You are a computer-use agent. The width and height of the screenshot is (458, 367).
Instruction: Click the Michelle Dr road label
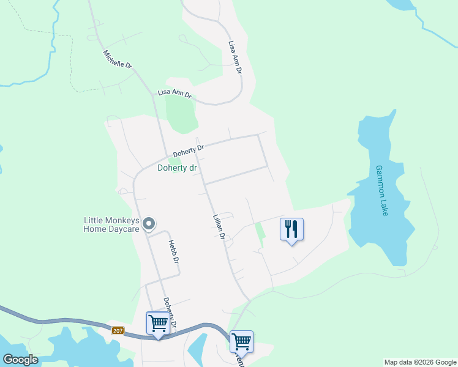click(x=118, y=59)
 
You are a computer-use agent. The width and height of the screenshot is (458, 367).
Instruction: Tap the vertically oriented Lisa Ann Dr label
click(x=235, y=58)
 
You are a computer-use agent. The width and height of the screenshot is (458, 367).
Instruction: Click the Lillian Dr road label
click(x=219, y=227)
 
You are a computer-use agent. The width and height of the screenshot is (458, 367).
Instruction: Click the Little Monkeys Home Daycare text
click(x=112, y=225)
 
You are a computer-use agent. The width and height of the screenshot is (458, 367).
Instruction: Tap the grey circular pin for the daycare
click(x=149, y=225)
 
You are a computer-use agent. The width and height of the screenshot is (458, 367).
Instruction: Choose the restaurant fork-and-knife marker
click(x=291, y=230)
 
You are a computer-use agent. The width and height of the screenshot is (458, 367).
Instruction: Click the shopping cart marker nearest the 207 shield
click(x=157, y=324)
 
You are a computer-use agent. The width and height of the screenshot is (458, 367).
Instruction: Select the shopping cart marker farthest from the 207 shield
click(x=241, y=342)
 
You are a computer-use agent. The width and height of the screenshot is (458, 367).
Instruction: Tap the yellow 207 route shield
click(x=119, y=331)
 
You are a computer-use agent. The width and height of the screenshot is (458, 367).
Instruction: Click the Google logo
click(x=20, y=360)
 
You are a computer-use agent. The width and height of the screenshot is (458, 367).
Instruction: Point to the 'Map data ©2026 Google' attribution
click(x=419, y=362)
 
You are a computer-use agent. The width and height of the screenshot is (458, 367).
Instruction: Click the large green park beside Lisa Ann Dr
click(x=180, y=114)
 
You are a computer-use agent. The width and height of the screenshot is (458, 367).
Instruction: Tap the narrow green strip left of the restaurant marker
click(x=260, y=234)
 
